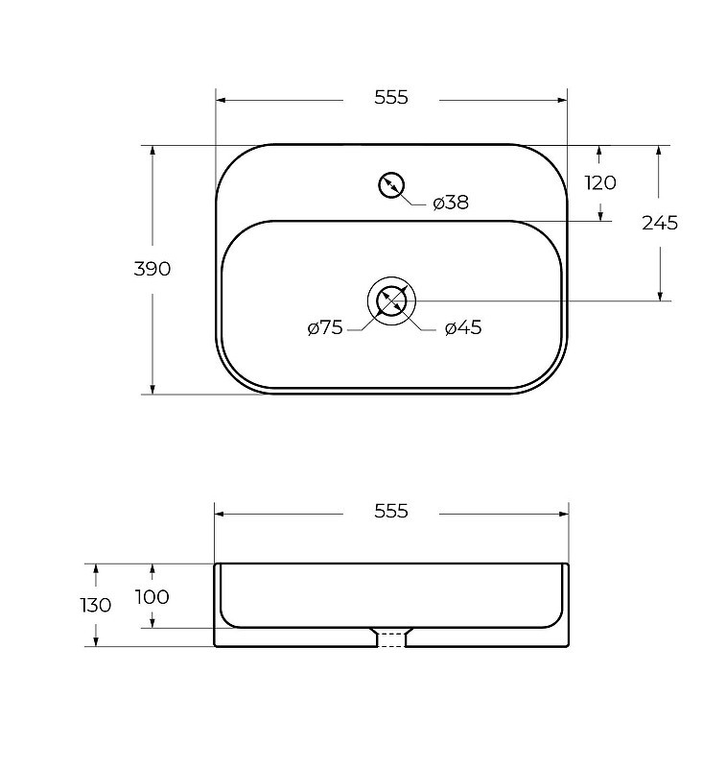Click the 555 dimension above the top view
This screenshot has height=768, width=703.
point(391,98)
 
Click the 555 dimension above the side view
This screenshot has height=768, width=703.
point(391,511)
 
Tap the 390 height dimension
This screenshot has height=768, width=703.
point(152,269)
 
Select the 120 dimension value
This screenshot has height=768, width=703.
point(600,182)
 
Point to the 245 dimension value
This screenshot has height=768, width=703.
point(660,223)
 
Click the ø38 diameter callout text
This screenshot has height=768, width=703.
point(451,203)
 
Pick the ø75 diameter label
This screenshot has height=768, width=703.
point(325,327)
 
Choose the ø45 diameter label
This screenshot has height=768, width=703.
point(463,327)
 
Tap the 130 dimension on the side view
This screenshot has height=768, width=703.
point(96,606)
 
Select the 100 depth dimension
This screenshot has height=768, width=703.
point(152,596)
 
